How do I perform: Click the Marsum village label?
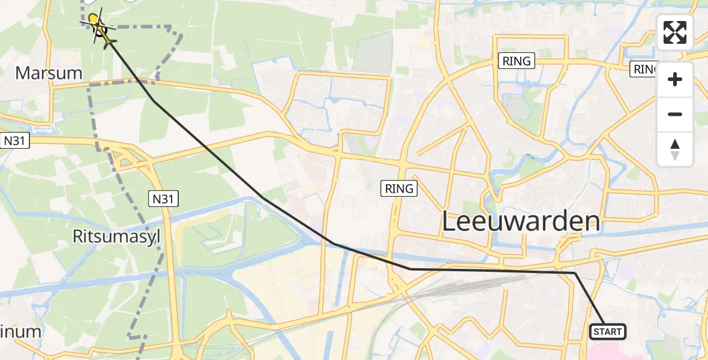point(49,73)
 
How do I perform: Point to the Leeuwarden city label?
point(521,221)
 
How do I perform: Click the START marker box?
point(608,331)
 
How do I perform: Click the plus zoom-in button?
point(675,79)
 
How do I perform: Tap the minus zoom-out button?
point(675,114)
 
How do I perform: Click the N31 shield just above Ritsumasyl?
point(163,199)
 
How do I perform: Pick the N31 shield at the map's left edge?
point(15,140)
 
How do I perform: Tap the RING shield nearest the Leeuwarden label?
point(400,188)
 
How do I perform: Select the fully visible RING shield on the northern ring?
point(517,61)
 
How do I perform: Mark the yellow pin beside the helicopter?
point(93,19)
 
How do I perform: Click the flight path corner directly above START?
point(575,273)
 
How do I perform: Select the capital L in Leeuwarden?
point(449,221)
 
